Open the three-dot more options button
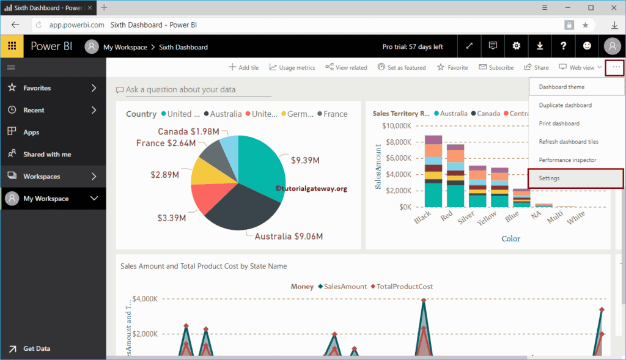point(616,67)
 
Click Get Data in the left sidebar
point(37,348)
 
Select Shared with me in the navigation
point(47,155)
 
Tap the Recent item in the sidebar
point(34,110)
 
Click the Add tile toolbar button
point(243,67)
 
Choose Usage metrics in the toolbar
point(292,67)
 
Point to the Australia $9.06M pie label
point(289,237)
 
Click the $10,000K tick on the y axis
point(396,126)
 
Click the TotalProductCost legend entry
point(403,286)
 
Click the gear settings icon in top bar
point(517,46)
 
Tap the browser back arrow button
point(15,25)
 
